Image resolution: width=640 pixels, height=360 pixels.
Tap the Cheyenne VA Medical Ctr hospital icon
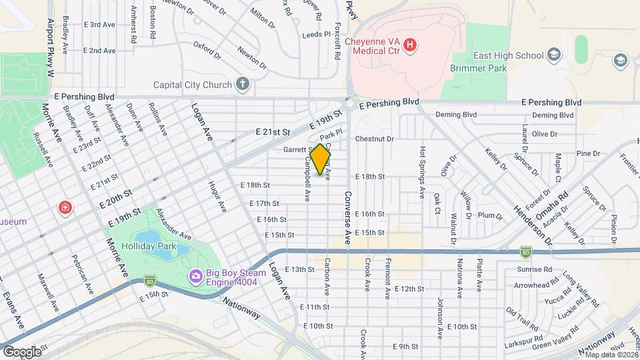[411, 45]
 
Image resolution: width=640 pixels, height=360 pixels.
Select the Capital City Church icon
[243, 85]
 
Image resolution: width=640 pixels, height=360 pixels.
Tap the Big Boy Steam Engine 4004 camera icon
[195, 275]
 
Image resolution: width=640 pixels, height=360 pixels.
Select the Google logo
[22, 351]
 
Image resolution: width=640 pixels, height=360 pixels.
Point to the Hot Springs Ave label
[423, 172]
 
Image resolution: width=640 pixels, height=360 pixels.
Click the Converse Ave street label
[347, 220]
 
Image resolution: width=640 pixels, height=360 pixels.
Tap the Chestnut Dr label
[375, 139]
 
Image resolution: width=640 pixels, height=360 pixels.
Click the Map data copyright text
[611, 355]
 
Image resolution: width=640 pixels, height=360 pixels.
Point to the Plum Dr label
[489, 215]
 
